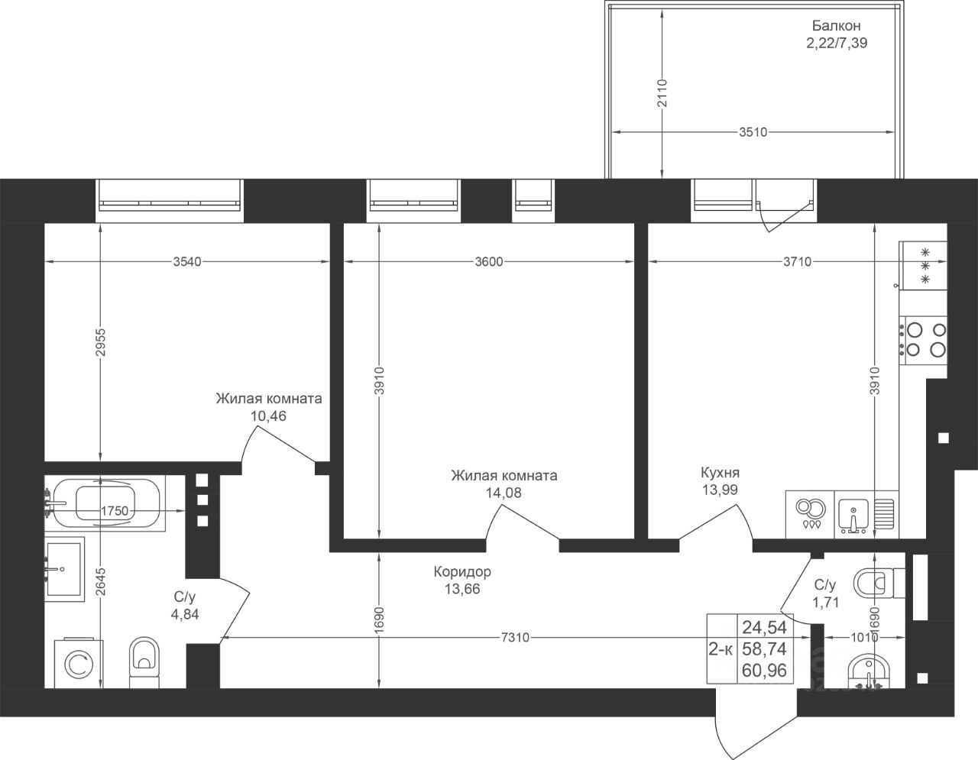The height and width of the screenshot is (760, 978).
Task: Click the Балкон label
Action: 837,26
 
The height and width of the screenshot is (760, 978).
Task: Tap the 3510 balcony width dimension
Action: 753,132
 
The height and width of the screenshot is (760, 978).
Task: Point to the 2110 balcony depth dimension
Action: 662,93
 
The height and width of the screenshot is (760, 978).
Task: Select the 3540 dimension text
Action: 187,261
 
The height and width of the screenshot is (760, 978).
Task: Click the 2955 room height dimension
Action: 100,342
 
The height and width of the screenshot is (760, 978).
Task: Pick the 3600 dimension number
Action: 489,261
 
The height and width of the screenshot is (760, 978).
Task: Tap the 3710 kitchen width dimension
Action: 798,261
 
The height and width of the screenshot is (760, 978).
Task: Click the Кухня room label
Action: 720,473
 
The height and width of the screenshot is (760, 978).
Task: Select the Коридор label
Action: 462,571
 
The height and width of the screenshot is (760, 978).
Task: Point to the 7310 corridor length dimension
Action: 515,637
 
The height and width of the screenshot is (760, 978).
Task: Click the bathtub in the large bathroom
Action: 105,504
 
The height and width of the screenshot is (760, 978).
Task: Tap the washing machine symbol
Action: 79,663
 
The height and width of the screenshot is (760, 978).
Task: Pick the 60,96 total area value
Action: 764,683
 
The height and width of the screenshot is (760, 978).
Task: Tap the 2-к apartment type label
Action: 721,649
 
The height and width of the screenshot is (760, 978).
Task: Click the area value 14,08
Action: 504,493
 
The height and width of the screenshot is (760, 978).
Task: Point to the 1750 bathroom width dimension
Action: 115,511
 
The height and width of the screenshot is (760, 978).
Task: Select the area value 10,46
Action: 268,416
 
